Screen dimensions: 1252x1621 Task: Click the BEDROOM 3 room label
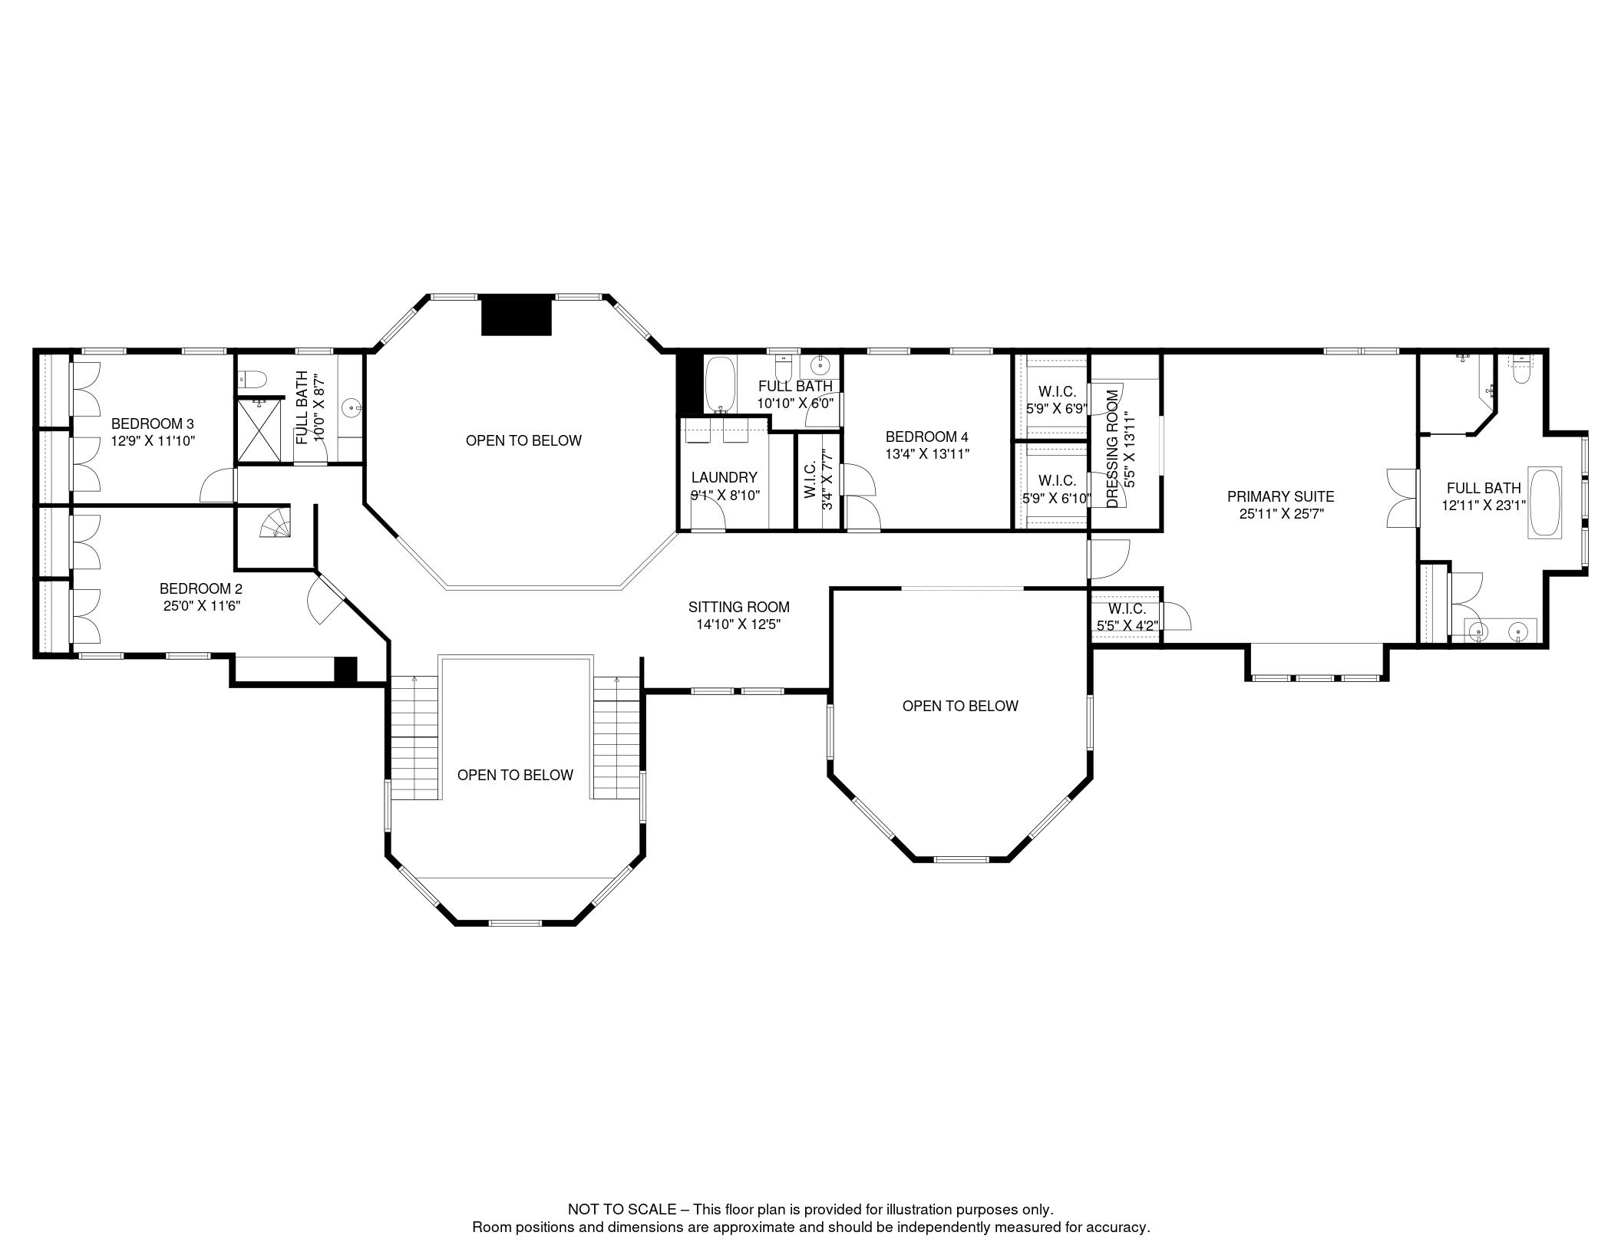tap(152, 423)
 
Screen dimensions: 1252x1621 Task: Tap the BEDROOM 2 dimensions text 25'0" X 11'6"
tap(200, 605)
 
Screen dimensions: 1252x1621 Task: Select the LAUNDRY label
tap(724, 477)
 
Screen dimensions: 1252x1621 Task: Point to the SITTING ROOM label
tap(738, 607)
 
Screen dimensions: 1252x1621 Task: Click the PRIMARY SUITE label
tap(1280, 496)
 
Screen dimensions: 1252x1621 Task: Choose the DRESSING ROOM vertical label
tap(1113, 449)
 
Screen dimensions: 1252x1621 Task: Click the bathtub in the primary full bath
tap(1544, 502)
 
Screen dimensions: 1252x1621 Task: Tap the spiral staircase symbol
tap(276, 525)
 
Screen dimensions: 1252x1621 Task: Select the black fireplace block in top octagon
tap(516, 315)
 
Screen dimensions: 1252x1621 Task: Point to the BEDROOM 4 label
tap(926, 437)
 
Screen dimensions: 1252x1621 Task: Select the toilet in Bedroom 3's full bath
tap(253, 379)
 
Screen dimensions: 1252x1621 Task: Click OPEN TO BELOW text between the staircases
tap(515, 775)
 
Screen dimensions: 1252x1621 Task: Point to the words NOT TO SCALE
tap(622, 1208)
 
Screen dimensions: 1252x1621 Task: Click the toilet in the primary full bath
tap(1520, 372)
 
